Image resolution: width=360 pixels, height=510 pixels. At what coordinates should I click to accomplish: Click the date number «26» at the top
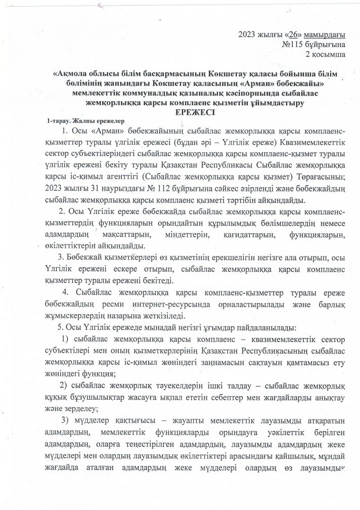pyautogui.click(x=291, y=34)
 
